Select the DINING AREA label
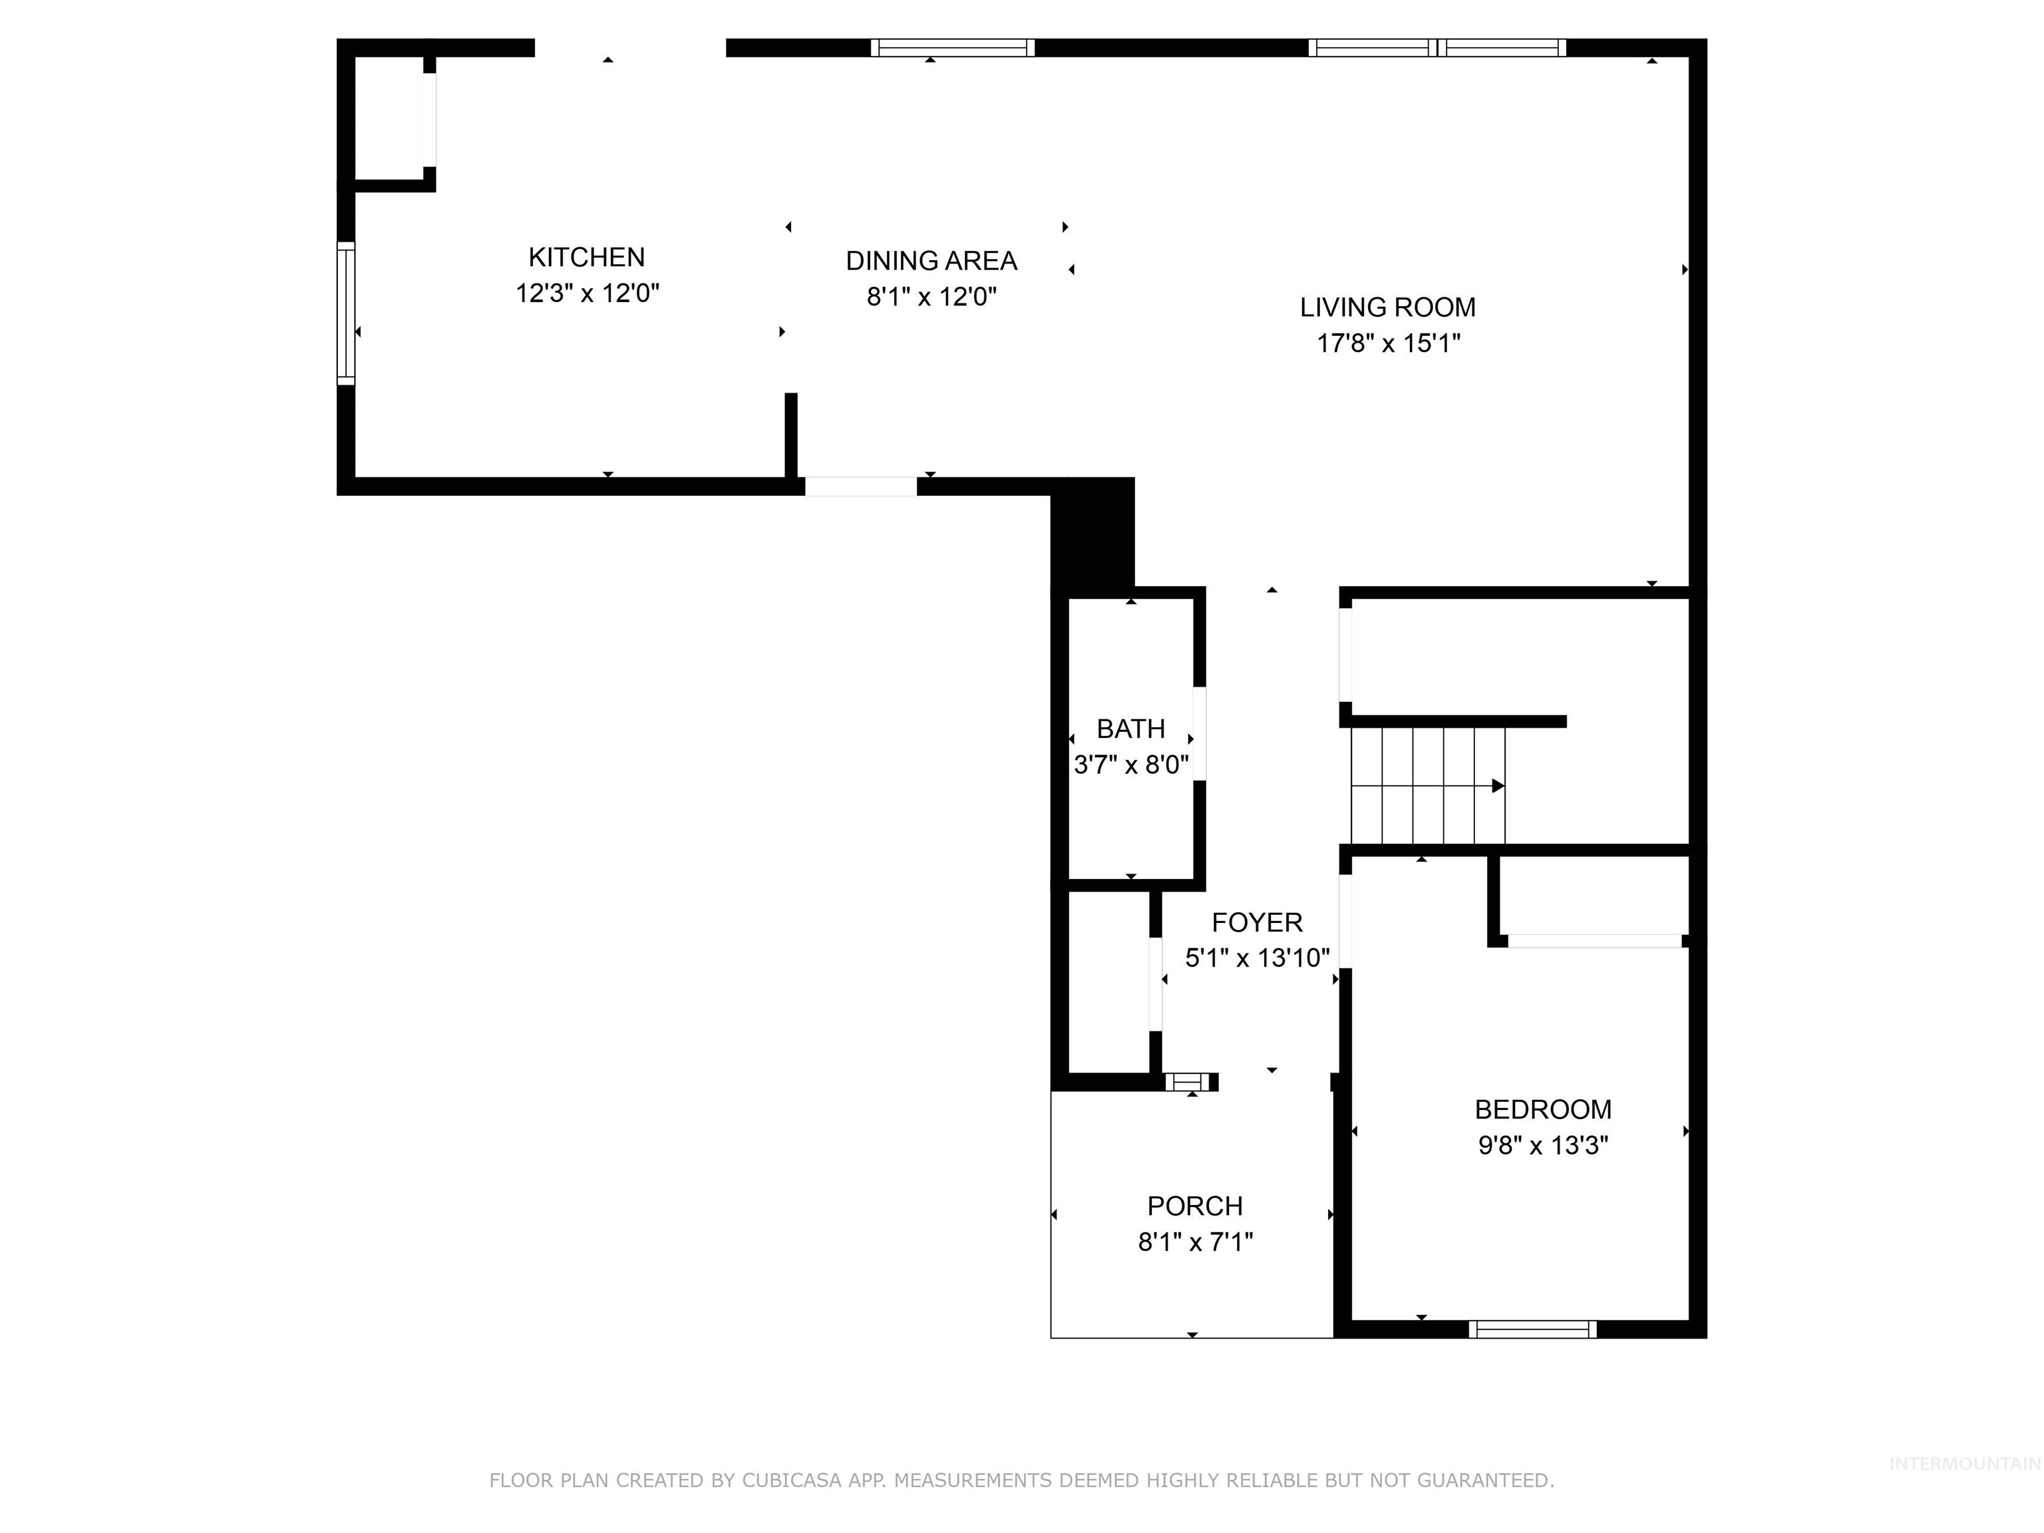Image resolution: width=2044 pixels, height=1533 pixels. (931, 261)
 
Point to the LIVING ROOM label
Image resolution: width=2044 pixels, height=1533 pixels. (1387, 307)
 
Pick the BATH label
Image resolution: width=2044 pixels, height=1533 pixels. (1130, 729)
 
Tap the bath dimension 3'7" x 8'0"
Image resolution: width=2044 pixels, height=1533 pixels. (1130, 765)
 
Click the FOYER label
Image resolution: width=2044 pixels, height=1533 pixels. (1257, 922)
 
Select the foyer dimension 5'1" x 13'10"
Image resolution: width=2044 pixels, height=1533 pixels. (1257, 958)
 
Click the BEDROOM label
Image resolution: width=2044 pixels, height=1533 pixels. (1542, 1109)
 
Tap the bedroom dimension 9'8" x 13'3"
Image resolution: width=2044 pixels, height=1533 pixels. (1542, 1146)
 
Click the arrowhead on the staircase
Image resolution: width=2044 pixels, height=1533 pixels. (1497, 786)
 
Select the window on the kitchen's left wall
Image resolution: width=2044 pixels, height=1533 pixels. (345, 312)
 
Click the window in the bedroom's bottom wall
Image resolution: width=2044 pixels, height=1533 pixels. (1532, 1329)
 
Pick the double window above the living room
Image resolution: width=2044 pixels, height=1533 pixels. (1437, 48)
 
